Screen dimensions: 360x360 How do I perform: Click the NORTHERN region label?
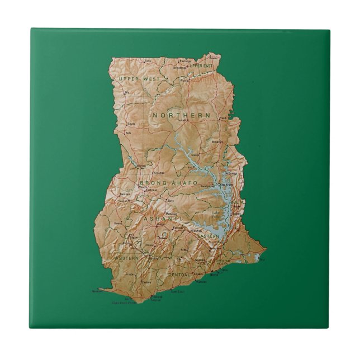(x=182, y=115)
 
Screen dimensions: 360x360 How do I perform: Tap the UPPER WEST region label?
(x=139, y=79)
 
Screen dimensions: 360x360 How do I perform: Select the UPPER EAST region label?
(x=202, y=66)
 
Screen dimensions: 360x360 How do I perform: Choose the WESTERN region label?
(x=127, y=258)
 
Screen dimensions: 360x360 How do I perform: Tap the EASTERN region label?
(x=208, y=236)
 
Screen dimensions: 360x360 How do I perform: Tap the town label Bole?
(x=127, y=133)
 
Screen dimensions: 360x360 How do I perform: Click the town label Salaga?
(x=195, y=155)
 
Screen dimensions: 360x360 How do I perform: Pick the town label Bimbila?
(x=218, y=142)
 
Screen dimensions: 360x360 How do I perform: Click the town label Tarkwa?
(x=146, y=282)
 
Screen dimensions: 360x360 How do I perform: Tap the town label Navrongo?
(x=184, y=60)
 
